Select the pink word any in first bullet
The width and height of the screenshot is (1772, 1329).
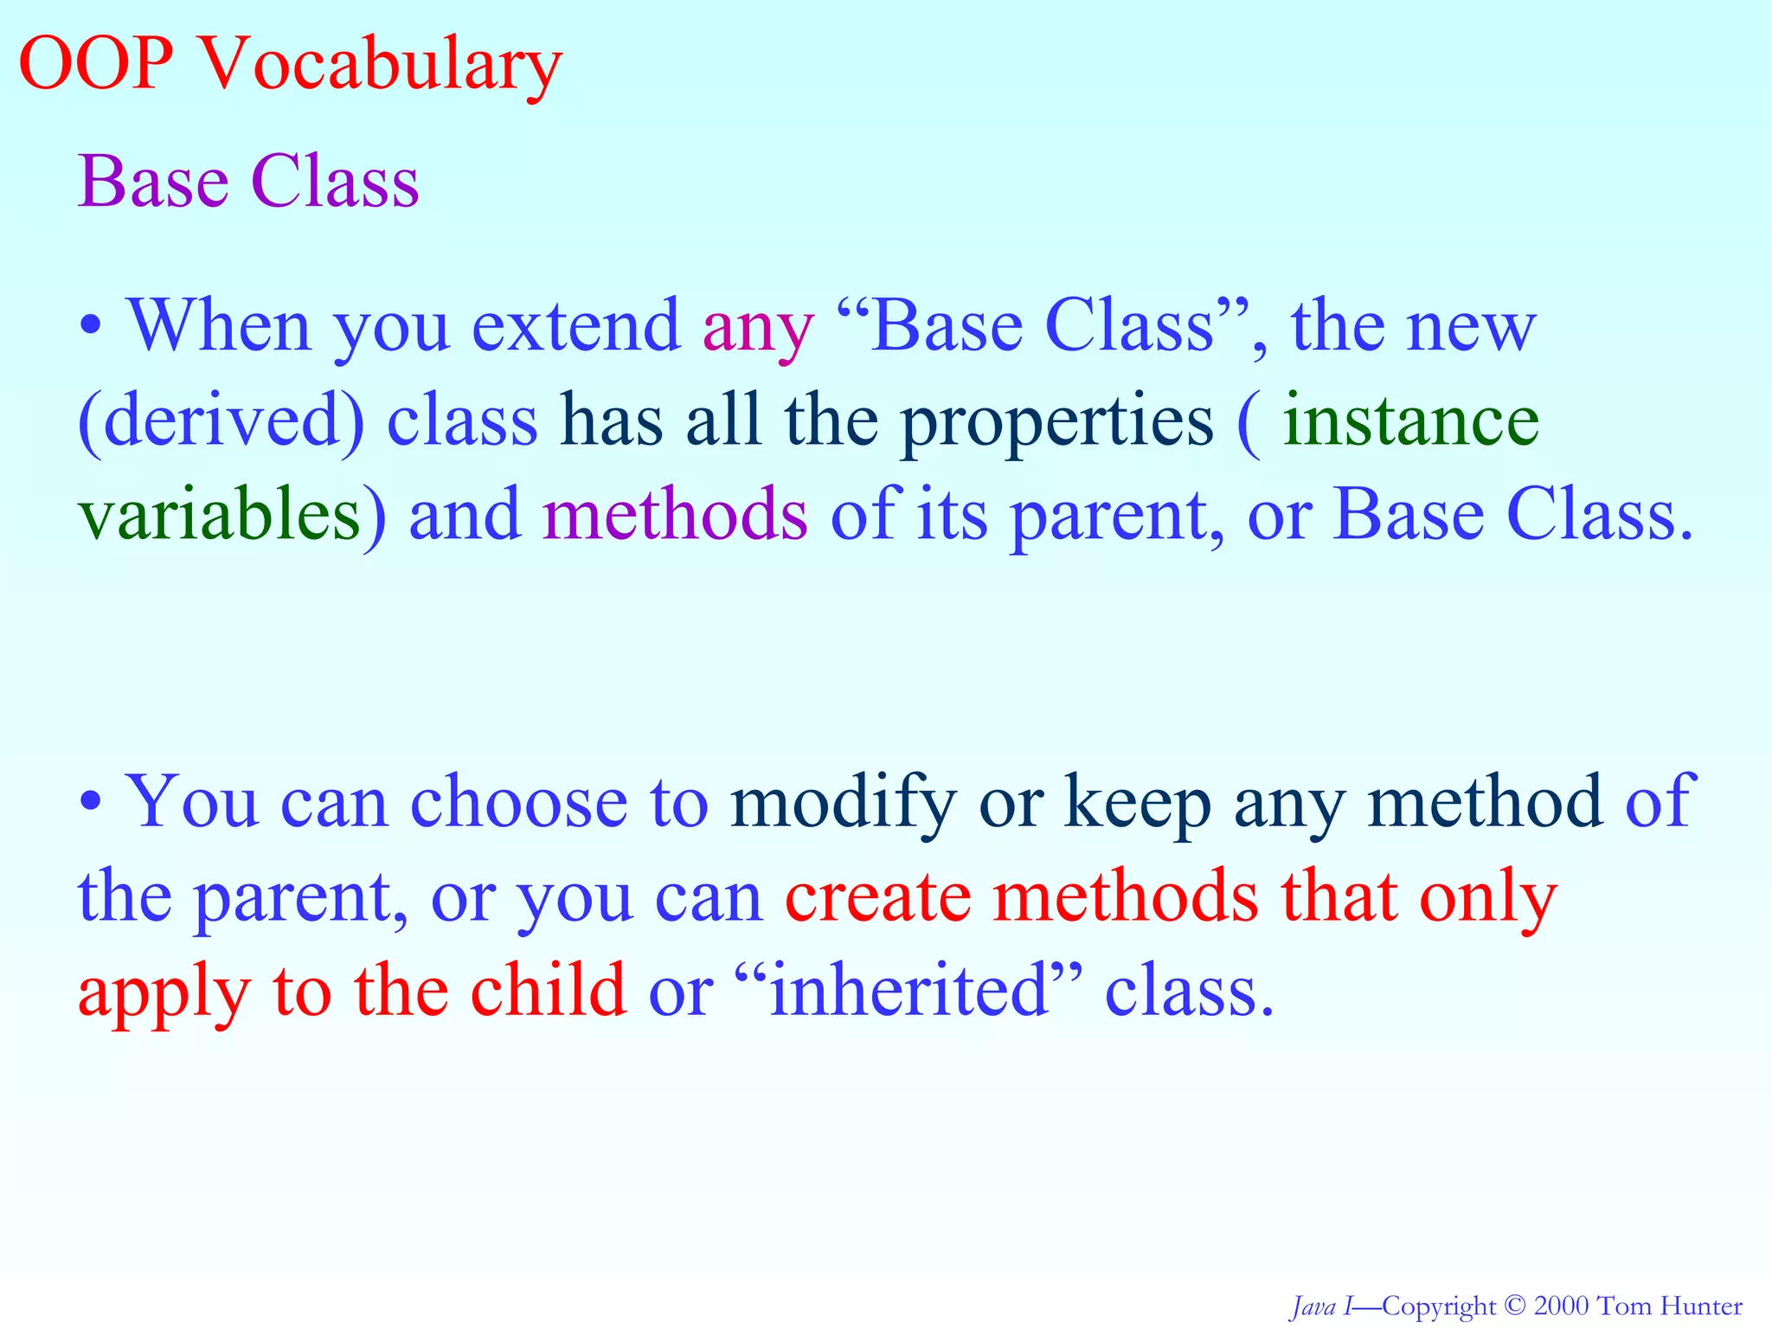[757, 329]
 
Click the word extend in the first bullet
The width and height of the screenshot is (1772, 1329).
[575, 327]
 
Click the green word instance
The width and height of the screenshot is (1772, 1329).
[1410, 421]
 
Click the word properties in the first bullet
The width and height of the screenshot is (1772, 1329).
[1056, 424]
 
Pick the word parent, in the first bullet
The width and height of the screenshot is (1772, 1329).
[1117, 517]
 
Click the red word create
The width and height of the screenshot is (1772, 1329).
[877, 896]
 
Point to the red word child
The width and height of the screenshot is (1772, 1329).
[548, 990]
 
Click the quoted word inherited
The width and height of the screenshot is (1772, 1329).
[908, 990]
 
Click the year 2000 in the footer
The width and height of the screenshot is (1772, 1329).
[1561, 1306]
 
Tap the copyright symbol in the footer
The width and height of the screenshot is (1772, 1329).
[1514, 1306]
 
